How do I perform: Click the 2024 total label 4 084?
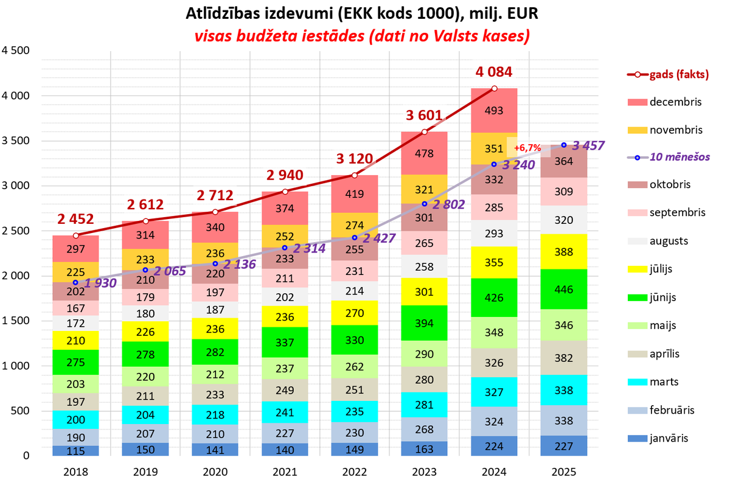point(494,72)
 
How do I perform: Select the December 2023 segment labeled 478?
point(424,153)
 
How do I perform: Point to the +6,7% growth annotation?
point(527,148)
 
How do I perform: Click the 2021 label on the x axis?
point(285,471)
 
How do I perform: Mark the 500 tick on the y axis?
point(21,411)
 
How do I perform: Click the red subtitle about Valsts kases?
point(361,36)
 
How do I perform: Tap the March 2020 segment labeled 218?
point(215,414)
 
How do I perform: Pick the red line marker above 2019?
point(145,221)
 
